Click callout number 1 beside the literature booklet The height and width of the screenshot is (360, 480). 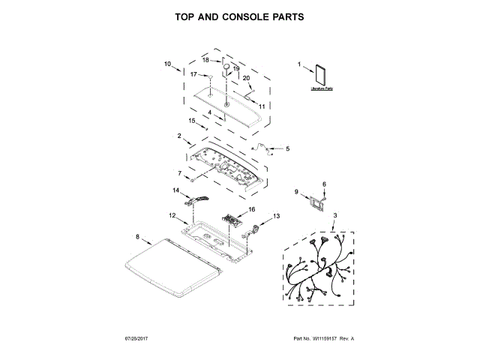[299, 64]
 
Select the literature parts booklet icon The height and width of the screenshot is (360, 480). [321, 76]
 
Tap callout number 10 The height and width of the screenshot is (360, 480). [167, 63]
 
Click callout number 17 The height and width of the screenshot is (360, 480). [193, 74]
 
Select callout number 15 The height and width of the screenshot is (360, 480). [192, 120]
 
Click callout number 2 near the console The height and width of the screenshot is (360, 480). [179, 136]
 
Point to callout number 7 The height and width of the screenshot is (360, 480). [179, 173]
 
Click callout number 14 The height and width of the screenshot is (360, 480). [176, 190]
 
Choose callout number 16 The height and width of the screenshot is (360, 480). [252, 209]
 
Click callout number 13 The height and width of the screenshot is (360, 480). [276, 215]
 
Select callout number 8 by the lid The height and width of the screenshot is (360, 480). [137, 236]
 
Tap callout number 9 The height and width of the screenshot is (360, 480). [296, 192]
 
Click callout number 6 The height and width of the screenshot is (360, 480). [325, 184]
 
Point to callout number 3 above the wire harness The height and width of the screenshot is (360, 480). [335, 216]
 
